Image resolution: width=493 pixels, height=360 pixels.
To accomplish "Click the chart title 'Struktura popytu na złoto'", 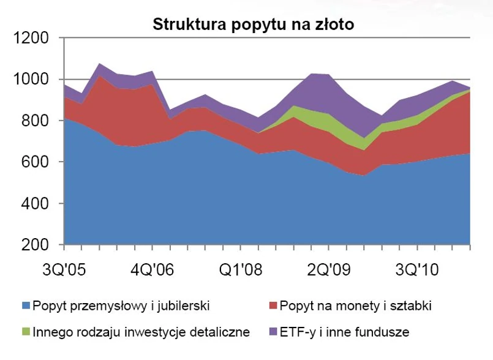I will pos(254,25).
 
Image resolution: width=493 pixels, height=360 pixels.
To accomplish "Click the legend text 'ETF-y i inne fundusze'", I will pos(345,332).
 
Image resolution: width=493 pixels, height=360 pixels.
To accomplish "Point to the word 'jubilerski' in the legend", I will pos(179,306).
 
